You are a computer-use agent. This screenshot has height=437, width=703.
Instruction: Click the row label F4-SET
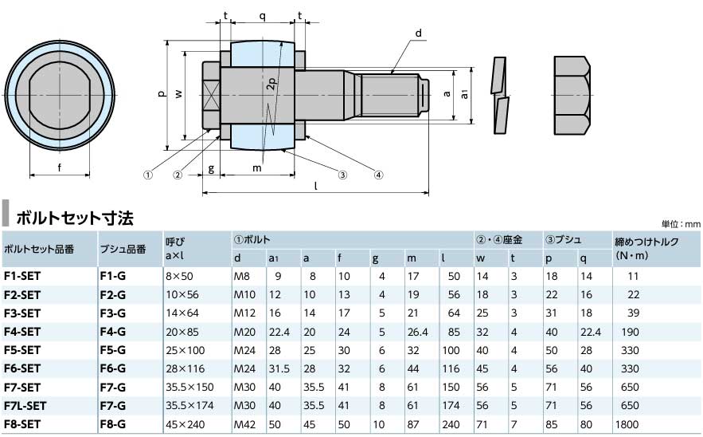tap(21, 331)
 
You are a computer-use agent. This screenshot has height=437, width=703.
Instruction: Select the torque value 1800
tap(627, 425)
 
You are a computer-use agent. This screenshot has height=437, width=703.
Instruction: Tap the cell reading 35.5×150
tap(189, 387)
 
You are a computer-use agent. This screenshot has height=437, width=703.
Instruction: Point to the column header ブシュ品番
tap(123, 250)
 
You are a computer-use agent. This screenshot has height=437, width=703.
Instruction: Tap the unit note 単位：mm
tap(680, 224)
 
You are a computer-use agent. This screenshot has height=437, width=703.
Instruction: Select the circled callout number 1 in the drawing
tap(146, 173)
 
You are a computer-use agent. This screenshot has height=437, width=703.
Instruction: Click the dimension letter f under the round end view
tap(61, 167)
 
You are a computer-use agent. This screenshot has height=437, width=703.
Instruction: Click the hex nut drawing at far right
tap(572, 95)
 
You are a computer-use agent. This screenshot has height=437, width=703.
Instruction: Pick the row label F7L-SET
tap(25, 406)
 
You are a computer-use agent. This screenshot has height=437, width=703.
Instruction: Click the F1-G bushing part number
tap(112, 275)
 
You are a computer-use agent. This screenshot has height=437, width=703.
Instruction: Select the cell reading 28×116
tap(185, 368)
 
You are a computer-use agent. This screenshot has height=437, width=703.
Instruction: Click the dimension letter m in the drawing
tap(257, 167)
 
